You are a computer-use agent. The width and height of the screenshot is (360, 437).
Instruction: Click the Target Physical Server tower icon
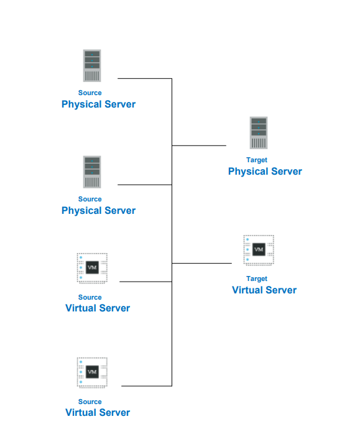point(259,133)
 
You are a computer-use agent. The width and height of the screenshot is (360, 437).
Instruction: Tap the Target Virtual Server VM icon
point(259,250)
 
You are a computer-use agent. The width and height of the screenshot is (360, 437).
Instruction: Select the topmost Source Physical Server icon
point(92,66)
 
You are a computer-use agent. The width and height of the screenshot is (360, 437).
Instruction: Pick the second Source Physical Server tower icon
point(92,172)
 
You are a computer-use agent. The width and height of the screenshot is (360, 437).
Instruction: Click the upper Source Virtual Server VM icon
point(92,268)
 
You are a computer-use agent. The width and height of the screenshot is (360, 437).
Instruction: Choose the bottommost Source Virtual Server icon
point(92,372)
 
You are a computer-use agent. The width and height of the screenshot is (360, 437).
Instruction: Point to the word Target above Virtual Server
point(257,278)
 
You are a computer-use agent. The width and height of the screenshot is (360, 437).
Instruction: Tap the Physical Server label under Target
point(265,172)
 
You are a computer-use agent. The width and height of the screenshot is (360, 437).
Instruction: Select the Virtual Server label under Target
point(264,290)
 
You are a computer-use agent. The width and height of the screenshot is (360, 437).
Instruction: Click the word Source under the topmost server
point(90,93)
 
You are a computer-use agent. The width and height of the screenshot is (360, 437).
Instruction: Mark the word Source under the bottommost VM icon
point(90,402)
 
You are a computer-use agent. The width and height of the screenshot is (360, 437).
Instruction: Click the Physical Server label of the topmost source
point(98,104)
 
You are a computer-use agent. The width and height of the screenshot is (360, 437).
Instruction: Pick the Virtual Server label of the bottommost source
point(98,413)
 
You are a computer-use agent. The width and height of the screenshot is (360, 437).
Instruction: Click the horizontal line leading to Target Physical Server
point(199,145)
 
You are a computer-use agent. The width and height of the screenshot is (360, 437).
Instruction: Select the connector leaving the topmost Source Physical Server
point(144,79)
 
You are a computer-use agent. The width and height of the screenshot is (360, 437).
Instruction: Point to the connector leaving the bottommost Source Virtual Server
point(146,386)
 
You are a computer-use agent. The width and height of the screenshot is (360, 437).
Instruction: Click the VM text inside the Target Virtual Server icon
point(259,250)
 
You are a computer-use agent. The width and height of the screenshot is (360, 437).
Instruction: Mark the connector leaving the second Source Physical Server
point(144,185)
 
